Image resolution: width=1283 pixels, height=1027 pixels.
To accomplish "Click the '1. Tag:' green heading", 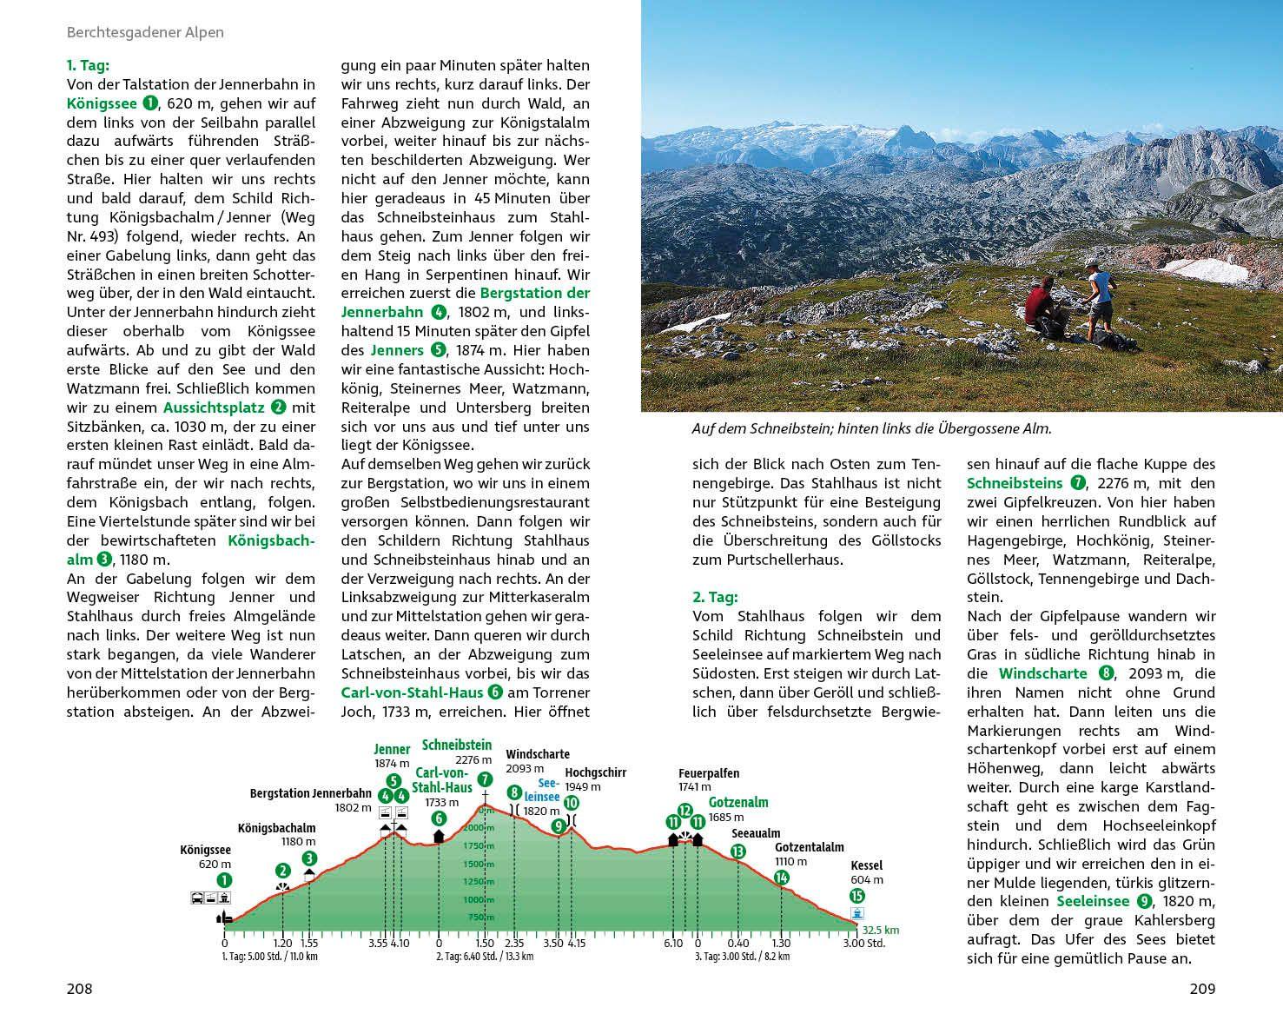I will (x=88, y=65).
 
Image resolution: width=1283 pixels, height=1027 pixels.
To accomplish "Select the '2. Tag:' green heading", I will (x=715, y=597).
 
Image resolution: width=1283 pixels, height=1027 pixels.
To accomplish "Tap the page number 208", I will (x=79, y=988).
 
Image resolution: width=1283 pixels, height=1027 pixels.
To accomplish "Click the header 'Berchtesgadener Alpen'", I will (x=145, y=32).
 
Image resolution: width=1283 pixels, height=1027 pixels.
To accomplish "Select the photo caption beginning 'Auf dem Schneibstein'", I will (x=871, y=429).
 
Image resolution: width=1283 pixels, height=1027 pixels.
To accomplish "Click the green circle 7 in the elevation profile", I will (x=485, y=779).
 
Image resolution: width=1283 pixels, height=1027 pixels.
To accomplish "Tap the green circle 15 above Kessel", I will (x=857, y=896).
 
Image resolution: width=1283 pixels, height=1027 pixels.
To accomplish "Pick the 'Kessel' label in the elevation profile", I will (x=867, y=865).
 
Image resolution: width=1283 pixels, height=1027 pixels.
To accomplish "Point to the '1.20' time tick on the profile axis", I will (x=282, y=943).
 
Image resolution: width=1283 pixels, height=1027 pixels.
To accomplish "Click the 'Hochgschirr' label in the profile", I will (x=595, y=772).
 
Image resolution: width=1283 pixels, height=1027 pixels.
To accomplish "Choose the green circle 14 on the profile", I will (x=782, y=878).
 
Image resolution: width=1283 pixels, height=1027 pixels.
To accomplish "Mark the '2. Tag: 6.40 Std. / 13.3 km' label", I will (x=485, y=957).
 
